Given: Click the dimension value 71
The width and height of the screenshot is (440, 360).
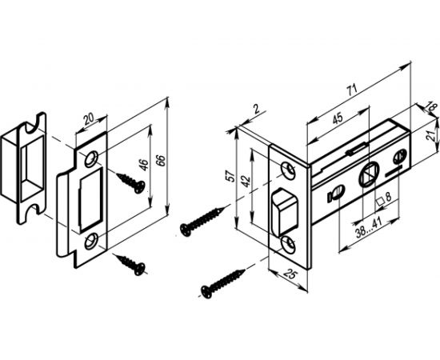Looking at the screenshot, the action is coord(351,90).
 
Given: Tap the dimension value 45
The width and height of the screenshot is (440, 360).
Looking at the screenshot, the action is coord(338,118).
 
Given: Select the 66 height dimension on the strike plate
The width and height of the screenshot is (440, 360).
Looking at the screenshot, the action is coord(161,160).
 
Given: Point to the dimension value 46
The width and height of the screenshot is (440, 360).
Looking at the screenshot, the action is coord(143,165).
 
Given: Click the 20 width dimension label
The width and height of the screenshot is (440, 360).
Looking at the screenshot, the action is coord(89,118).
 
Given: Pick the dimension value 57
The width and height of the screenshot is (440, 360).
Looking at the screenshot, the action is coord(231,176).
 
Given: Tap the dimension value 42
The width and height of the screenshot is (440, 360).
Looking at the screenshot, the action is coord(246,181).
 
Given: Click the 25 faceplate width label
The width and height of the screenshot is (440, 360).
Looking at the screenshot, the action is coord(290,274).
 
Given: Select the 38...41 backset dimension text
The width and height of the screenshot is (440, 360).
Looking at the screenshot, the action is coord(370,226).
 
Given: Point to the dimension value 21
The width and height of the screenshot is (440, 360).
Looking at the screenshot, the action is coord(430,135).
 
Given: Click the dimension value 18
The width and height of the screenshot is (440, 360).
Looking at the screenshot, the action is coord(432,108).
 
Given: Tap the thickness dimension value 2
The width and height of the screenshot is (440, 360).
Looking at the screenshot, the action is coord(256,109).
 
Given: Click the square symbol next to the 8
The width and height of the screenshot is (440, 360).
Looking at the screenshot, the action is coord(380,202).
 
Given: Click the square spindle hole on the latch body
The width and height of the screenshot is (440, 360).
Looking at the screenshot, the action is coord(369,174).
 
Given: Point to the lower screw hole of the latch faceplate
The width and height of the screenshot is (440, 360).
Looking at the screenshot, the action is coord(289,244).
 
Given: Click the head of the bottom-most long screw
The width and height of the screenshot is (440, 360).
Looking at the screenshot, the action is coord(207,292).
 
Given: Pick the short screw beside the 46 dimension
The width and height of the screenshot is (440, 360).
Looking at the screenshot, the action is coord(131,182).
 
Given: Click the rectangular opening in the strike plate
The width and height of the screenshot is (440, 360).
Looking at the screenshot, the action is coord(90,201).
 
